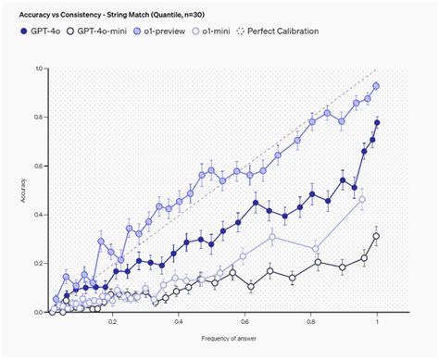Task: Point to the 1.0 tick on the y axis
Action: (38, 69)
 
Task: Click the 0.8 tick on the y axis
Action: (38, 118)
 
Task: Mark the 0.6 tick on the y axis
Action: (38, 167)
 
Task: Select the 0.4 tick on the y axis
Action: (38, 215)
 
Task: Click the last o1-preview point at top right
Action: (376, 86)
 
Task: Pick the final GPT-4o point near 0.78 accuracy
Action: (377, 123)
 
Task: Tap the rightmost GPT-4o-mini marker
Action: (376, 236)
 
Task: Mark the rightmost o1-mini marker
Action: (362, 200)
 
